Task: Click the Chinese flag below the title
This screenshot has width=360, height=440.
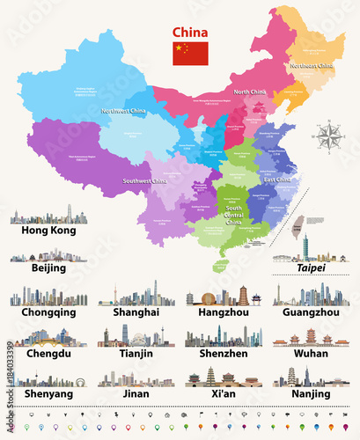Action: [191, 54]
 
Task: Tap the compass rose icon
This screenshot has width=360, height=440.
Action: [332, 138]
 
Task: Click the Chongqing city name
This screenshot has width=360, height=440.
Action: [49, 312]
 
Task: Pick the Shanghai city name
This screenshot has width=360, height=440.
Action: [136, 312]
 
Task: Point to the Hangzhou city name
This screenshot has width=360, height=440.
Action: [224, 312]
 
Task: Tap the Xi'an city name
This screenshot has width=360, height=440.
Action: [224, 394]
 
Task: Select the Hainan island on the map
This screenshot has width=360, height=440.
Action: [222, 261]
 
